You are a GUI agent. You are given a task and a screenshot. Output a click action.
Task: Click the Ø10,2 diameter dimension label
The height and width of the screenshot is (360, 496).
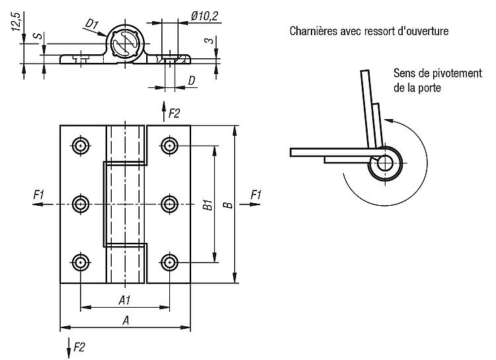pos(204,16)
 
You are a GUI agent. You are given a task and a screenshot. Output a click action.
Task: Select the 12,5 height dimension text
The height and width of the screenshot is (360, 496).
pos(17,22)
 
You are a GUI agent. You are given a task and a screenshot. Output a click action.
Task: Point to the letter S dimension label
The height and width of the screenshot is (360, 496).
pos(38,35)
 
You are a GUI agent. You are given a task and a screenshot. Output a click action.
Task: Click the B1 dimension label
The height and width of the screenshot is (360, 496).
pos(208,205)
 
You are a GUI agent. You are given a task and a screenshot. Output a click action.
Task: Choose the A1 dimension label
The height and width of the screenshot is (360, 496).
pos(124,300)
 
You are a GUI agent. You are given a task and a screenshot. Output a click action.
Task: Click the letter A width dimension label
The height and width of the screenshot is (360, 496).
pos(126,320)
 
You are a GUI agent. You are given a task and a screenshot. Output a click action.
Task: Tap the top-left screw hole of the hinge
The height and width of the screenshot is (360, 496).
pos(81,146)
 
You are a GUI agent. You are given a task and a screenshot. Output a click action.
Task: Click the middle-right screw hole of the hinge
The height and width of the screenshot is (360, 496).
pos(169,204)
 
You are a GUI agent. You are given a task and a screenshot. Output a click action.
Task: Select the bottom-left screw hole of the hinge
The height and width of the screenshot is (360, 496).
pos(81,263)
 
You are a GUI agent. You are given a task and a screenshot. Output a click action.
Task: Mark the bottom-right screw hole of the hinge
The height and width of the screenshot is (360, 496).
pos(169,263)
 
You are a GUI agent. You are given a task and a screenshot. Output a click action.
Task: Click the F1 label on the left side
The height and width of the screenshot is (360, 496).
pos(38,195)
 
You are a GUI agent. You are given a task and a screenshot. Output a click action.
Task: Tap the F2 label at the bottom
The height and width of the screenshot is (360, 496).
pos(79,347)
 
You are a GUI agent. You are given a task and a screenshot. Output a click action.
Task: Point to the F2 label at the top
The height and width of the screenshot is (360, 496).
pos(174,113)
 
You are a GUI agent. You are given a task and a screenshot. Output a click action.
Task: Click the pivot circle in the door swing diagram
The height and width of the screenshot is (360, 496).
pos(385,163)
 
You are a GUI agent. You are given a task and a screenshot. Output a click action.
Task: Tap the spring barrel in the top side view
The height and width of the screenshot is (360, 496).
pos(126,42)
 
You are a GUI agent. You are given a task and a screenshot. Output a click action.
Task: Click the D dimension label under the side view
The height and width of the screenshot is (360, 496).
pos(192,81)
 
